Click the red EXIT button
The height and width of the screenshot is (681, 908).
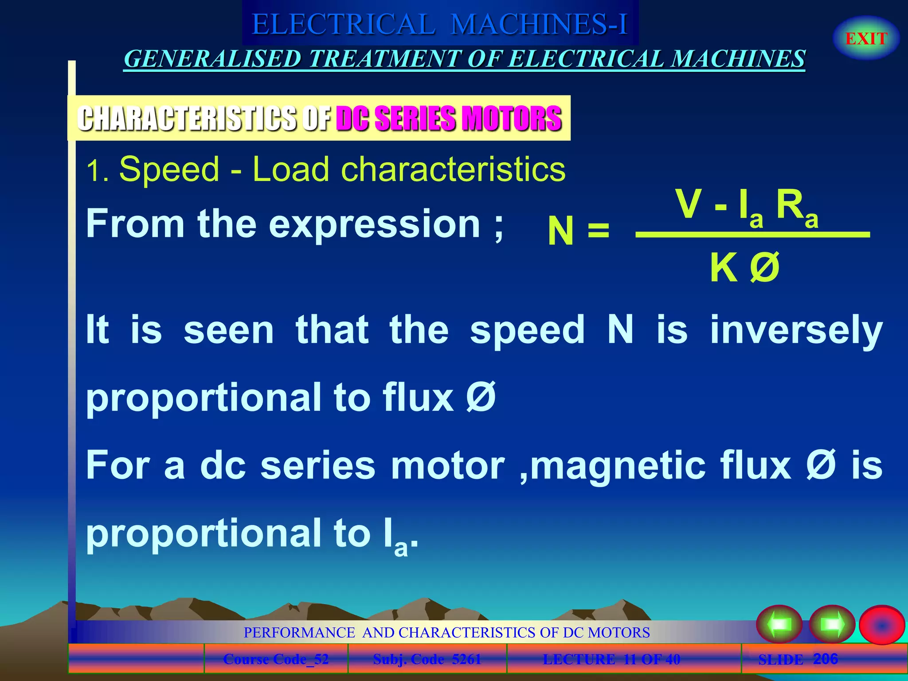coord(866,39)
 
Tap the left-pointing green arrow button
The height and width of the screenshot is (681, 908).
coord(779,624)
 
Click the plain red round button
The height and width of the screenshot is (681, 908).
coord(881,625)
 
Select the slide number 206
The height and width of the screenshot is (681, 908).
coord(825,659)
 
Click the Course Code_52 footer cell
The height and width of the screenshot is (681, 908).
coord(276,659)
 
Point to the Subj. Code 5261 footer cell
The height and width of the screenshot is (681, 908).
coord(427,659)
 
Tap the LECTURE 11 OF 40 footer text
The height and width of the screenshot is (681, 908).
coord(611,659)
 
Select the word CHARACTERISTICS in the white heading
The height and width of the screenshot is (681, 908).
coord(186,119)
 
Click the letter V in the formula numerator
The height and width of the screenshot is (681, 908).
coord(688,204)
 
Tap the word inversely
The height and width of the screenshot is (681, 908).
coord(796,330)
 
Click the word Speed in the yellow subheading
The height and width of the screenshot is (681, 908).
coord(169,169)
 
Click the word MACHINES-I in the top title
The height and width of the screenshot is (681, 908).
coord(539,24)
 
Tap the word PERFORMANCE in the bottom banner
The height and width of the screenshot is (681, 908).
coord(299,632)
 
